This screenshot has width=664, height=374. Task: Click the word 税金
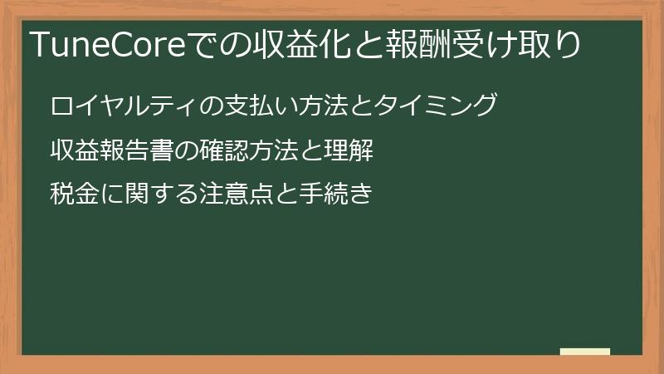72,195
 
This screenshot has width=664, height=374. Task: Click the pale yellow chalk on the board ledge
585,352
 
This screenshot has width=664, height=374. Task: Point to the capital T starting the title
38,44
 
